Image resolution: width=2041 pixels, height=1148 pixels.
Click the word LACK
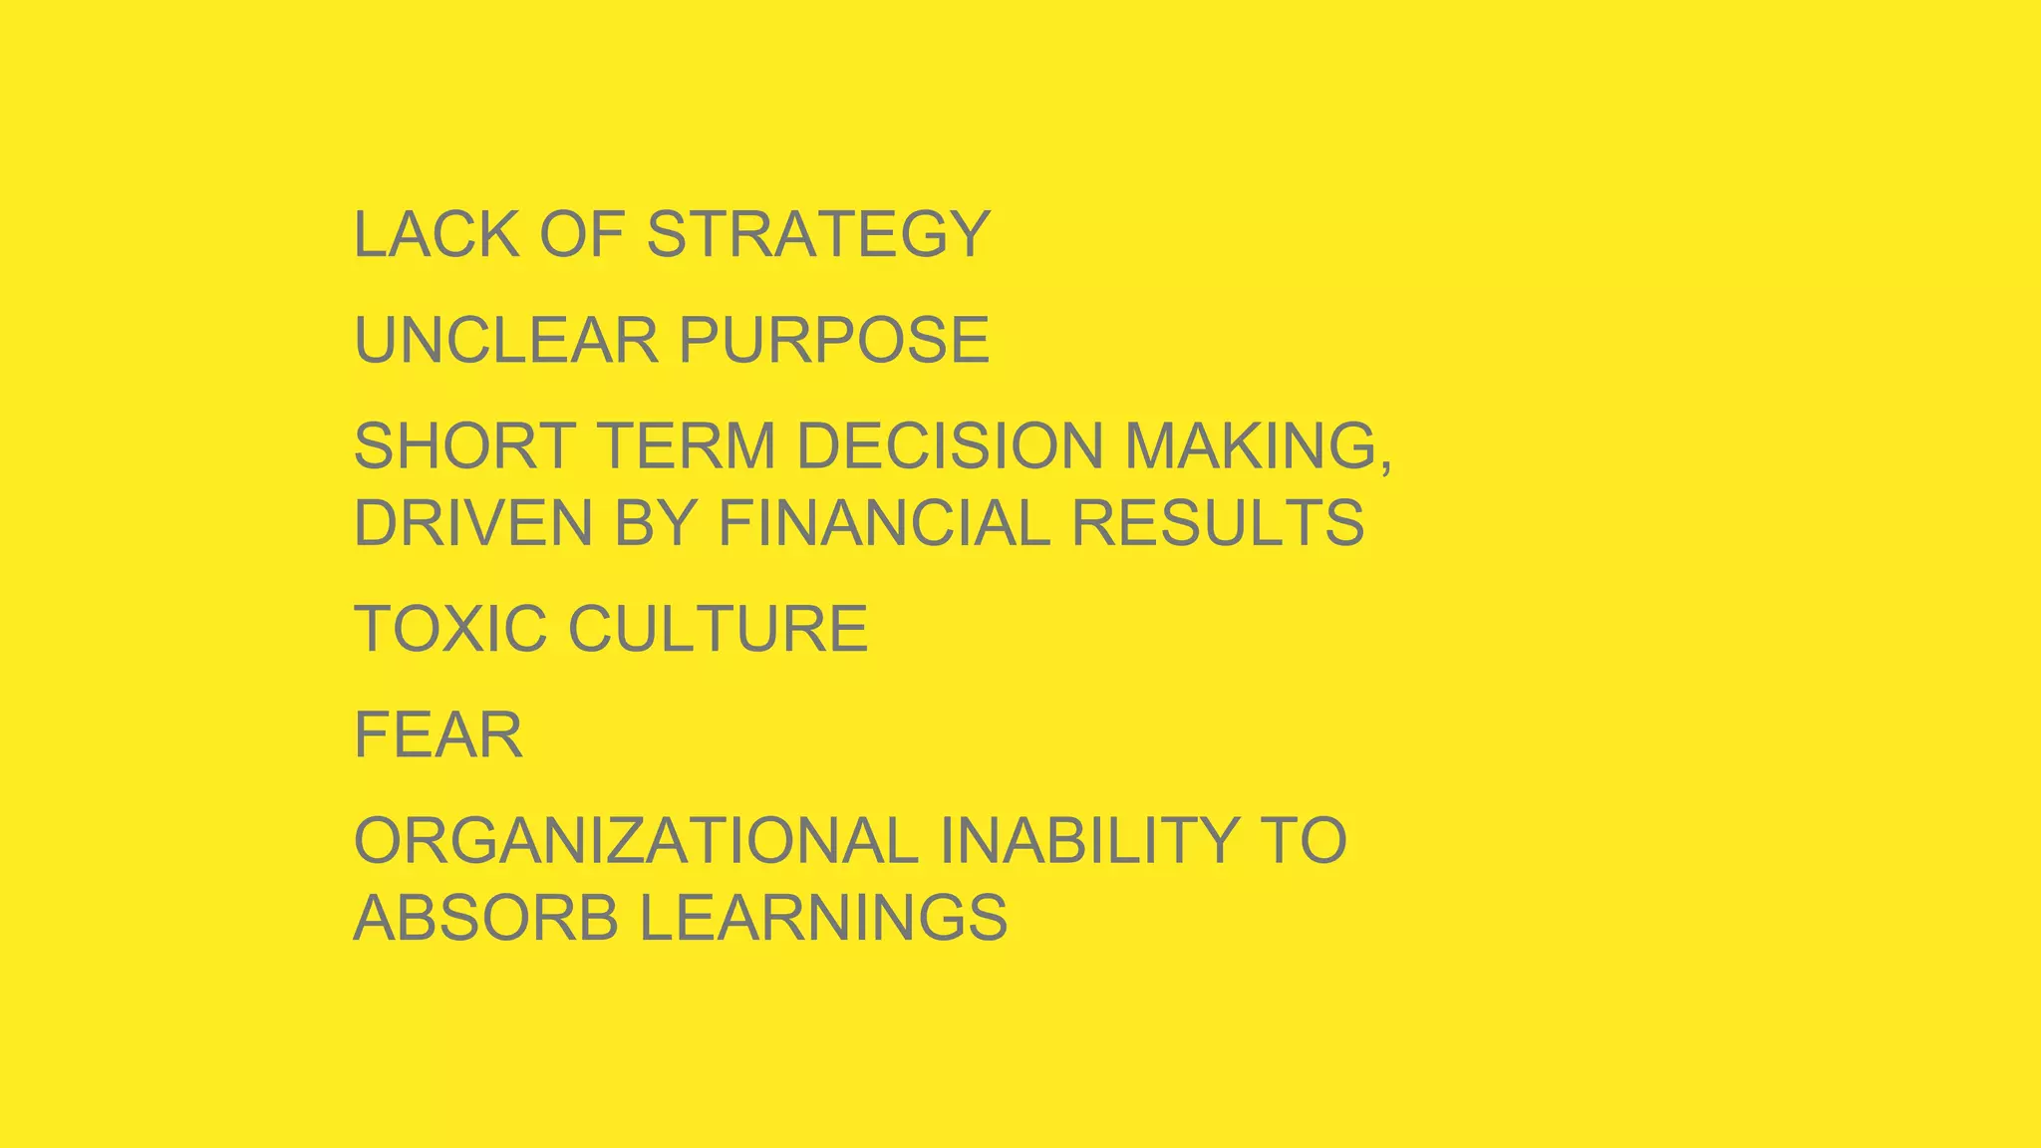[437, 235]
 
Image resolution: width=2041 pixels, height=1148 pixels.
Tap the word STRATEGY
[818, 235]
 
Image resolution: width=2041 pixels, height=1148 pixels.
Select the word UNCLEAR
[506, 340]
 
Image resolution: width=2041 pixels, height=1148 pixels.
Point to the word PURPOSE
[834, 340]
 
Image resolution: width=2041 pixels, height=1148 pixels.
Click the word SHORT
[464, 445]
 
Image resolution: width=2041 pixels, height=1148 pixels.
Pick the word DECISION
[950, 445]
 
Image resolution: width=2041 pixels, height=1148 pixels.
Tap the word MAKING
[1252, 445]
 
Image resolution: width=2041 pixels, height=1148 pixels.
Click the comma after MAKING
[1385, 464]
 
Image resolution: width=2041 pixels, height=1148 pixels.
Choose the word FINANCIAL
[884, 523]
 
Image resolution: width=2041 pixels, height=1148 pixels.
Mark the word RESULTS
[1218, 523]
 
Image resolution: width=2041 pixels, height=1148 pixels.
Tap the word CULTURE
[718, 629]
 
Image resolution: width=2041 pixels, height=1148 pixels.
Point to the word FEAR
[438, 735]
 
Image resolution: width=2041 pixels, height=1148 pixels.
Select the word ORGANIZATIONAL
[636, 840]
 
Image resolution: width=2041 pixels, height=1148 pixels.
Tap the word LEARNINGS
[823, 918]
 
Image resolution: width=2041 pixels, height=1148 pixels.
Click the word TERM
[686, 445]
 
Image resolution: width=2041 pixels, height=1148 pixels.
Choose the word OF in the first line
[582, 235]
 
